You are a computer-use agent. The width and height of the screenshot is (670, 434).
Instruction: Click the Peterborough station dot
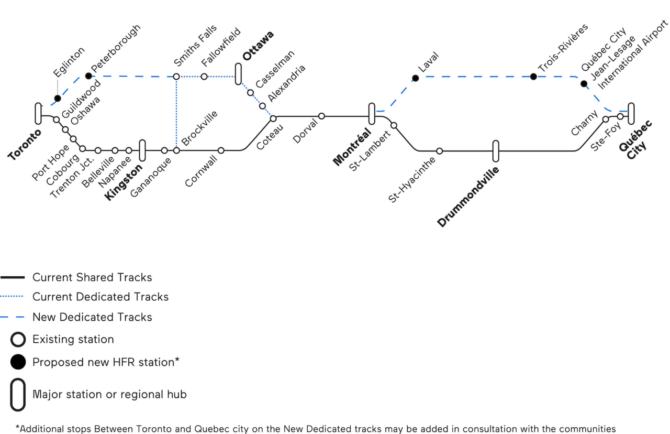(x=88, y=76)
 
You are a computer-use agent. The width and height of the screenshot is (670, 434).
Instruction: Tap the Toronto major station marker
(x=38, y=114)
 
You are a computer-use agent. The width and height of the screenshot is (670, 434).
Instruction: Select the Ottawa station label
(x=258, y=45)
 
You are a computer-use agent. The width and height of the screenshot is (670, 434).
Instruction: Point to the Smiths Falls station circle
(x=176, y=77)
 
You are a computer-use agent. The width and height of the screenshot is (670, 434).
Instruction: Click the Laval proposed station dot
(x=415, y=78)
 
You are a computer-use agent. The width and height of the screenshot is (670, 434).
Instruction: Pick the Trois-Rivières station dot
(x=533, y=77)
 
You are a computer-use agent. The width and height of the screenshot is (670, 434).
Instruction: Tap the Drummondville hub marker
(x=496, y=151)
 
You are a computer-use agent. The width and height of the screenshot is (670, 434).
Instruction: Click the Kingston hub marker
(x=142, y=150)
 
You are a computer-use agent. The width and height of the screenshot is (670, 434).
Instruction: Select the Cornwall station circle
(x=221, y=150)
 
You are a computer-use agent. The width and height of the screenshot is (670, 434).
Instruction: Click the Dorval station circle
(x=321, y=116)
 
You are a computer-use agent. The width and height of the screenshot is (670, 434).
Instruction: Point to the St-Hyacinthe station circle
(x=440, y=151)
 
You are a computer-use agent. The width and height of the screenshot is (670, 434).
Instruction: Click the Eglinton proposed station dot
(x=58, y=98)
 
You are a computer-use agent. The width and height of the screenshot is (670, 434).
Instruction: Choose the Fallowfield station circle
(x=204, y=77)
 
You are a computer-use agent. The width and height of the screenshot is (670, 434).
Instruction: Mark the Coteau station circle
(x=273, y=118)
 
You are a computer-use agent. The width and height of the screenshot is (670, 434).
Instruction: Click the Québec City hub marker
(x=631, y=113)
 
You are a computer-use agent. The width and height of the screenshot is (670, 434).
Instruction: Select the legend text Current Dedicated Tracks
(x=100, y=297)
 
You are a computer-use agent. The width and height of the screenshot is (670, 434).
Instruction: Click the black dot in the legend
(x=18, y=362)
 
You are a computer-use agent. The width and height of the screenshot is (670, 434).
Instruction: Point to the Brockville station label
(x=199, y=128)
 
